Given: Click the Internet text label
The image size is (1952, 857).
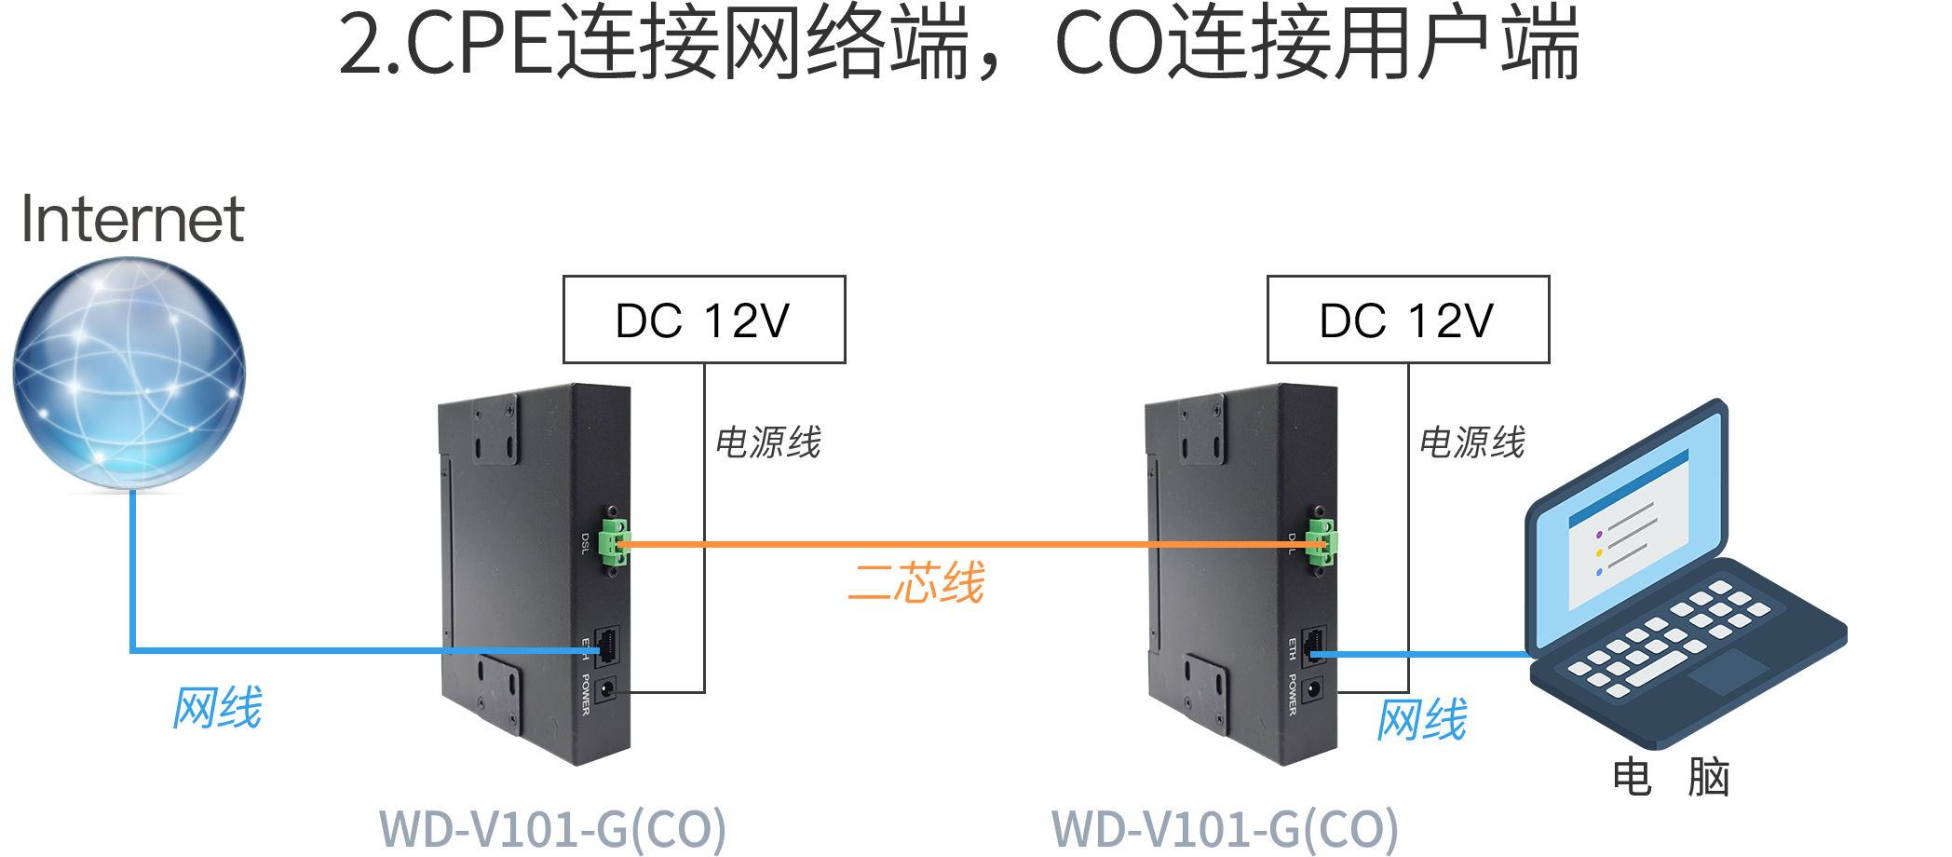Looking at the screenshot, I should click(x=133, y=219).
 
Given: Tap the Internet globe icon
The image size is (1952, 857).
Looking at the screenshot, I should click(x=129, y=373).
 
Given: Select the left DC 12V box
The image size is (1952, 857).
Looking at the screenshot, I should click(x=704, y=320).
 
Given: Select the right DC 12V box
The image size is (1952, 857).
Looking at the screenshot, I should click(x=1408, y=320).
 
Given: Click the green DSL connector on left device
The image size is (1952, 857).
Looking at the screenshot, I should click(x=614, y=543).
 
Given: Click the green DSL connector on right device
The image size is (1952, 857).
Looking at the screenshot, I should click(x=1320, y=543).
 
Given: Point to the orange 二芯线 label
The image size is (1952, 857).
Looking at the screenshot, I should click(x=916, y=582).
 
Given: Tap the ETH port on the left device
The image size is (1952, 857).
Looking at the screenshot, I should click(x=607, y=645).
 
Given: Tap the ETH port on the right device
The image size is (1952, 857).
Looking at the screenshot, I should click(x=1313, y=645).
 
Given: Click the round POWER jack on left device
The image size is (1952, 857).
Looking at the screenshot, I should click(x=606, y=690).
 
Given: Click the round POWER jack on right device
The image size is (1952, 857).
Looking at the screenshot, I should click(x=1313, y=690).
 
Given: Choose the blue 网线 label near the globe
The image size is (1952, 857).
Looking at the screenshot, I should click(x=218, y=707).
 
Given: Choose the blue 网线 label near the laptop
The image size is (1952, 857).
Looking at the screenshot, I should click(x=1422, y=719).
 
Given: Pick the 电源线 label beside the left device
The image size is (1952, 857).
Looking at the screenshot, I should click(x=768, y=442).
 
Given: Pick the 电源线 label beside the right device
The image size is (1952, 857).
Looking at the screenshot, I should click(x=1471, y=442).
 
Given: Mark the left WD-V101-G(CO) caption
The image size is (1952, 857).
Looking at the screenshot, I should click(x=552, y=830).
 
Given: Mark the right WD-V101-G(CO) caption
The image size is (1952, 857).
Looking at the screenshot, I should click(x=1225, y=830).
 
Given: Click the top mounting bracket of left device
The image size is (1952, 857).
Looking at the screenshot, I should click(x=495, y=430).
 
